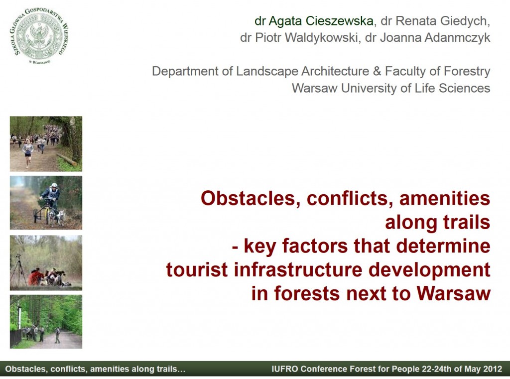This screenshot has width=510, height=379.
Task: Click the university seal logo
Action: pos(39,35)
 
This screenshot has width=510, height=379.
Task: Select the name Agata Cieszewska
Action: pos(321,21)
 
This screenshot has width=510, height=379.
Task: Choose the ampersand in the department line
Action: pos(377,71)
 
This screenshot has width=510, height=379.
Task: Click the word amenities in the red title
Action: pos(445,198)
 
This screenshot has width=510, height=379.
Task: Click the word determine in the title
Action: pos(443,246)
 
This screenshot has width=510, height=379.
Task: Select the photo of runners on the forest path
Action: pos(46,144)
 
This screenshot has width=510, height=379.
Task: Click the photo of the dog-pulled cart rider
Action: pos(46,203)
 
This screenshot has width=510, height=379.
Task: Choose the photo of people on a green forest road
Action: pos(46,322)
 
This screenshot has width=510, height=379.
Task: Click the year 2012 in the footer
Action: pos(492,369)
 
